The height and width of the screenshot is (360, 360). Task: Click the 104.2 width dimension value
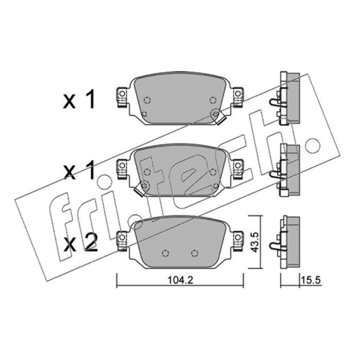pos(180,280)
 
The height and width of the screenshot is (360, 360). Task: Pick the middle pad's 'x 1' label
pos(79,171)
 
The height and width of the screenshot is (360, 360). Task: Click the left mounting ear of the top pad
pos(122,97)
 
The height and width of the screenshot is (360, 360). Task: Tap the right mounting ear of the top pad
pos(238,97)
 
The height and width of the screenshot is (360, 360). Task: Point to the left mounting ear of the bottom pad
pos(122,241)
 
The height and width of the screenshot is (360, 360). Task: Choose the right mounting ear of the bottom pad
pos(238,241)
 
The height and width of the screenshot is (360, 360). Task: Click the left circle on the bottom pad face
pos(165,253)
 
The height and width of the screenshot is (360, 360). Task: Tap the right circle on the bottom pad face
pos(195,253)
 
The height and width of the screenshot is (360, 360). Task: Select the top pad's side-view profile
pos(285,99)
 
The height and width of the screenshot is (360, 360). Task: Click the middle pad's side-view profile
pos(285,170)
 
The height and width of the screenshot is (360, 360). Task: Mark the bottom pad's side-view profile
pos(285,242)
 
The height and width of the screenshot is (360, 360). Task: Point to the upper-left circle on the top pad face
pos(147,100)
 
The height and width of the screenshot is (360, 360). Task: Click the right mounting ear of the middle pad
pos(238,169)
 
